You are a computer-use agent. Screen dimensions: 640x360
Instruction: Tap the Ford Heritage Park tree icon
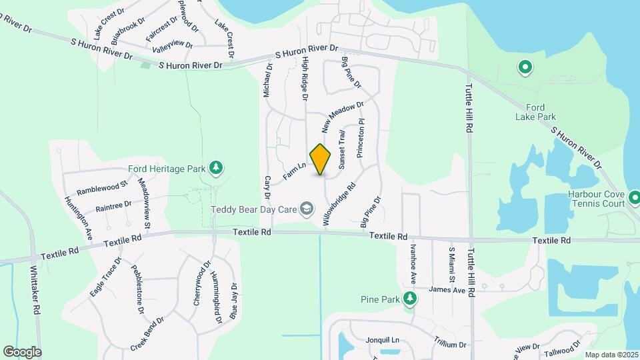(215, 167)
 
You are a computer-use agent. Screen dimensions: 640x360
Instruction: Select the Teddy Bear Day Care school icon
(306, 209)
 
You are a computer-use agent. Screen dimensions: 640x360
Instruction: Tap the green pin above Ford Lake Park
(525, 67)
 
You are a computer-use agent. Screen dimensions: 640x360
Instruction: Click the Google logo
(22, 352)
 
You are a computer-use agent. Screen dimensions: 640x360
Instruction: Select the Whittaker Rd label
(35, 291)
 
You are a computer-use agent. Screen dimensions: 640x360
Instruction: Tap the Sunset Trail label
(342, 149)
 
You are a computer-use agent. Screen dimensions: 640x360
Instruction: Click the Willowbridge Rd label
(340, 205)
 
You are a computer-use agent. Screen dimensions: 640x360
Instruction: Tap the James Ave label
(447, 290)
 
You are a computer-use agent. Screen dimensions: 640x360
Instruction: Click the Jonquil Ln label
(382, 340)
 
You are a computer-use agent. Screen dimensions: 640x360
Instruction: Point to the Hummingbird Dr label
(215, 297)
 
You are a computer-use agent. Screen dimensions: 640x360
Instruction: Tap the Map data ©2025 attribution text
(611, 355)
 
